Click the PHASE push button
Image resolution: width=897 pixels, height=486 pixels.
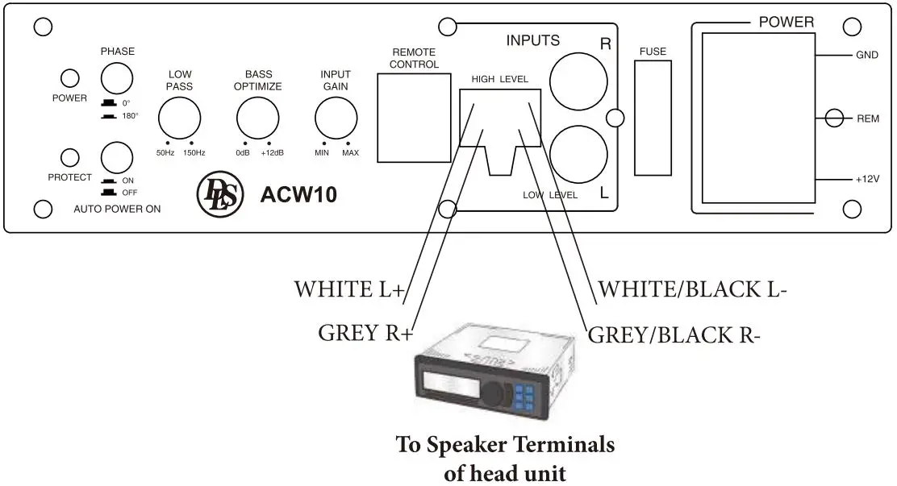[116, 78]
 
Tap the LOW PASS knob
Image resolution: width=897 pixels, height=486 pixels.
[179, 119]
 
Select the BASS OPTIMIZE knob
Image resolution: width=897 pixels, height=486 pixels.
[257, 119]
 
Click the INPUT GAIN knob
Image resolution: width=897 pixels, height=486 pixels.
[336, 119]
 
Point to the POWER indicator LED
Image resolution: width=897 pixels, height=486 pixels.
[71, 78]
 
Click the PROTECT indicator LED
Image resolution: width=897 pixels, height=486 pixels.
[71, 156]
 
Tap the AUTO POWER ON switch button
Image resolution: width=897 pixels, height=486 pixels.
[116, 156]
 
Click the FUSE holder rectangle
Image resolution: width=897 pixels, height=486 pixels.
[652, 119]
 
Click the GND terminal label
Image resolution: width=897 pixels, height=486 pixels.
[867, 56]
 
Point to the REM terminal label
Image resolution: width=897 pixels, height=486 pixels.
[868, 118]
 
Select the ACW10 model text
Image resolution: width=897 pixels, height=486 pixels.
[298, 195]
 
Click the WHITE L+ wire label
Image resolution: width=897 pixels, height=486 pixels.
[348, 289]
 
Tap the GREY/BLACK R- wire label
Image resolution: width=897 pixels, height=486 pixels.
[674, 334]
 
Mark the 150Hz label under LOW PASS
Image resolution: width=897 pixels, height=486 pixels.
[194, 153]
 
